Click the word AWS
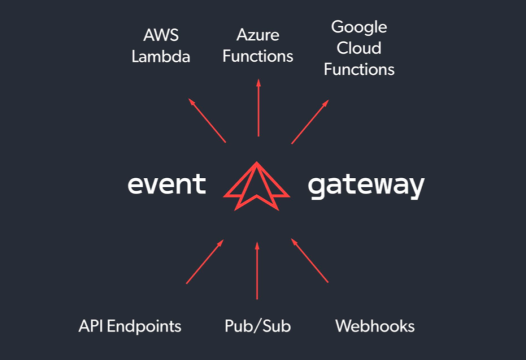tap(160, 34)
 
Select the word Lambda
tap(161, 57)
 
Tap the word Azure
tap(258, 34)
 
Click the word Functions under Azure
tap(258, 56)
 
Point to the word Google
tap(359, 28)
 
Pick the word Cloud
tap(359, 48)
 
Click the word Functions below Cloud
tap(359, 70)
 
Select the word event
tap(167, 184)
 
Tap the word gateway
tap(366, 186)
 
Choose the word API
tap(93, 327)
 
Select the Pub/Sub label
tap(258, 327)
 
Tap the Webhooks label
tap(375, 327)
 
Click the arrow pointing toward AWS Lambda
tap(207, 120)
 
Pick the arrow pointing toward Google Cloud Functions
tap(310, 122)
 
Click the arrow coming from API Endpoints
tap(205, 261)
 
